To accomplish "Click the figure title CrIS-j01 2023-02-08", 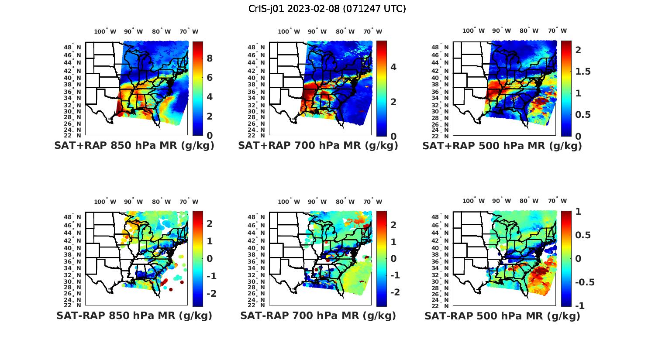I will coord(327,9).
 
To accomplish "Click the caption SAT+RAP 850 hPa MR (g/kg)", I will coord(134,146).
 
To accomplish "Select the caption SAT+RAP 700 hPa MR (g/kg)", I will coord(318,146).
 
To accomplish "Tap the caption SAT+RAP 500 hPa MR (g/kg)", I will coord(502,146).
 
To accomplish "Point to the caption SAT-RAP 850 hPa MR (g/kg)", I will coord(134,315).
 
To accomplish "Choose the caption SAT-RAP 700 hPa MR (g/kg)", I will coord(318,315).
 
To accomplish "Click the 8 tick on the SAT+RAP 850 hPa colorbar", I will coord(209,58).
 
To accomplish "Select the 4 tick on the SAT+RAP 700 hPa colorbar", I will coord(393,67).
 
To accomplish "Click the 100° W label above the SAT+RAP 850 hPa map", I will coord(105,31).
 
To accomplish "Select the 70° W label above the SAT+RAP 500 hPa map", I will coord(557,31).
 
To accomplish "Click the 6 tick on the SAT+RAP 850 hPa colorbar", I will coord(209,78).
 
